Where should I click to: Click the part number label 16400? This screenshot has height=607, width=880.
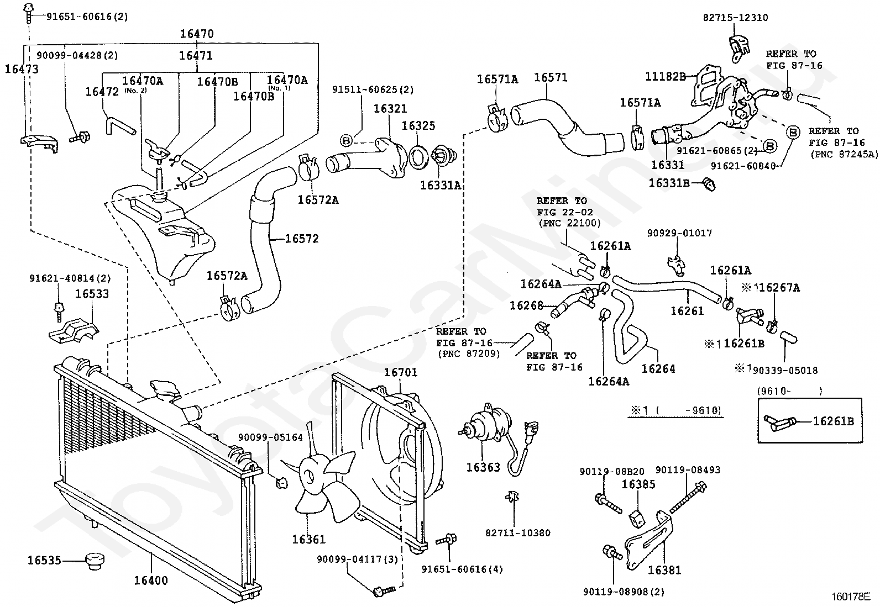[x=151, y=580]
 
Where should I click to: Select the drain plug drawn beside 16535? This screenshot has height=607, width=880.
[x=95, y=561]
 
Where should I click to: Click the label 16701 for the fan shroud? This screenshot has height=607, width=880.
[x=400, y=372]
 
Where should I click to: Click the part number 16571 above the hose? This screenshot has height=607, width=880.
[x=551, y=78]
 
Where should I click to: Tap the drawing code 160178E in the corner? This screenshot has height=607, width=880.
[x=851, y=597]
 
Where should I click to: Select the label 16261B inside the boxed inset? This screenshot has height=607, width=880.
[x=833, y=421]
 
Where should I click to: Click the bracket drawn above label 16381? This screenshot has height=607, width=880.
[x=648, y=540]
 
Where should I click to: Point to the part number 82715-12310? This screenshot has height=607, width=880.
[x=735, y=18]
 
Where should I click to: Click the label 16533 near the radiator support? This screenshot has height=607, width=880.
[x=92, y=294]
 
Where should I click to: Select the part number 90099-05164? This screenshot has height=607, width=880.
[x=270, y=437]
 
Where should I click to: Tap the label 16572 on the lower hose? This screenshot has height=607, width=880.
[x=302, y=239]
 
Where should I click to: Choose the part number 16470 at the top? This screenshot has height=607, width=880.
[x=197, y=34]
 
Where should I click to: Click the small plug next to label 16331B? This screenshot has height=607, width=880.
[x=709, y=184]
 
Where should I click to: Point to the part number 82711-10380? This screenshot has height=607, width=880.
[x=518, y=533]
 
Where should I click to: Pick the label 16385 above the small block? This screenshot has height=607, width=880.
[x=638, y=484]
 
